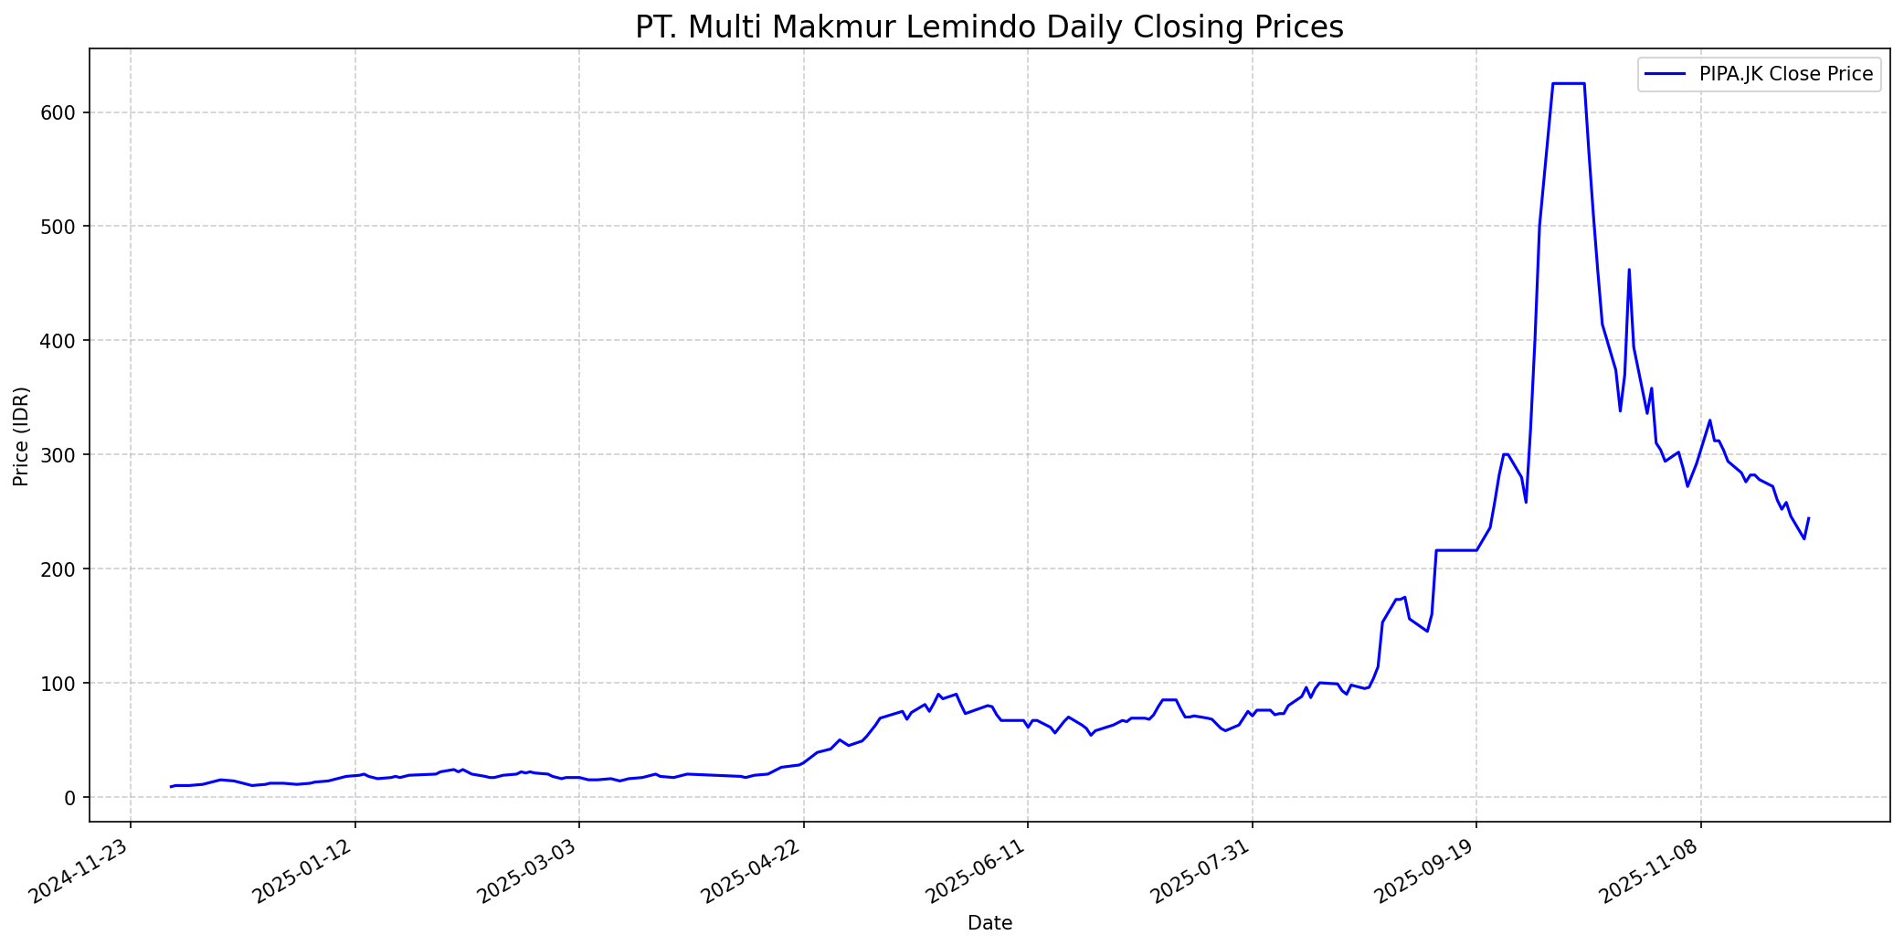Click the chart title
989,27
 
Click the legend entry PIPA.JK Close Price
1785,74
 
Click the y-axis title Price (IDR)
22,436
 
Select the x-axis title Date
989,923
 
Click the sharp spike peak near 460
1629,270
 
